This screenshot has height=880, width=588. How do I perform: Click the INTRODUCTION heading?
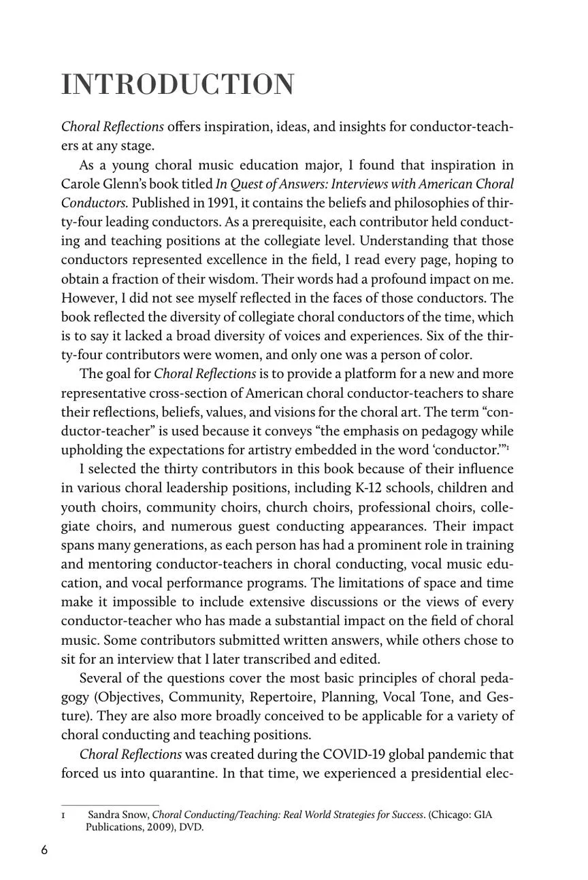click(178, 85)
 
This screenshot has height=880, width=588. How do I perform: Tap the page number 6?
click(44, 850)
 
